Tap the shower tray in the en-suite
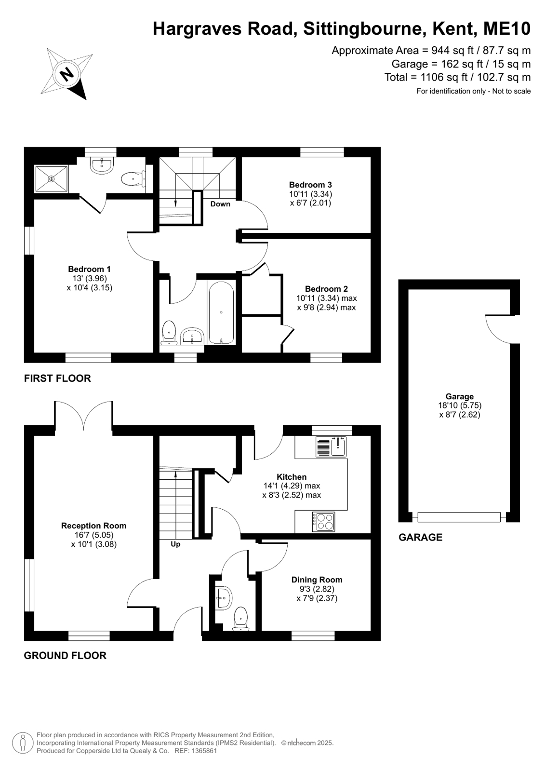click(52, 179)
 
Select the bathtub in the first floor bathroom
click(221, 312)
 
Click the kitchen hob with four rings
click(323, 522)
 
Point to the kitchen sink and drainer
click(331, 447)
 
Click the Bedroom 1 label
click(90, 269)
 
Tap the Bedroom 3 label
click(310, 185)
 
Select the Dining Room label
click(317, 580)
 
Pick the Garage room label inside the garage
click(460, 396)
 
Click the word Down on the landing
click(220, 204)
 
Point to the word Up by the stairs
click(175, 544)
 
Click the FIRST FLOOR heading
click(57, 379)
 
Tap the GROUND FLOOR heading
click(65, 655)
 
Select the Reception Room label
click(93, 526)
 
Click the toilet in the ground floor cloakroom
click(241, 619)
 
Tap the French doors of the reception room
click(83, 415)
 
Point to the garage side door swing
click(498, 329)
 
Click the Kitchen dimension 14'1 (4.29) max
click(292, 486)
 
